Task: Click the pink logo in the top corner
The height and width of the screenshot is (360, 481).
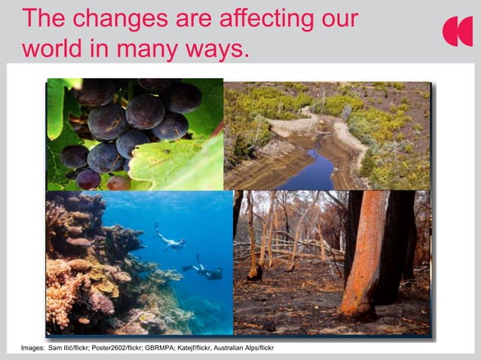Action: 457,31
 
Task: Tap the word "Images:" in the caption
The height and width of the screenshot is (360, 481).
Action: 32,348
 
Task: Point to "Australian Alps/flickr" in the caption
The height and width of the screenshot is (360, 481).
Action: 246,348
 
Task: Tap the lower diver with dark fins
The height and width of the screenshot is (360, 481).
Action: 204,270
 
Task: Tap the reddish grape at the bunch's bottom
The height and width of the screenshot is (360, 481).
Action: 89,179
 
